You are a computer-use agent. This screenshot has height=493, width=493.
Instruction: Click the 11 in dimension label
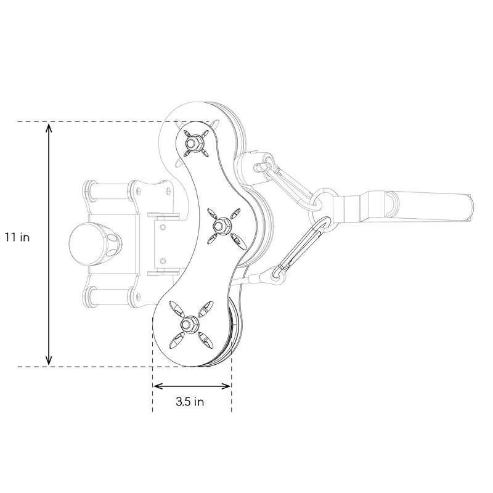(x=17, y=237)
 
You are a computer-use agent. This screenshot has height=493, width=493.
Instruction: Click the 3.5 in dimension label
(x=190, y=402)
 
